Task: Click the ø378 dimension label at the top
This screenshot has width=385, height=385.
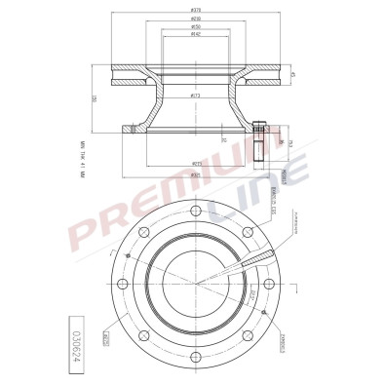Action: click(x=195, y=9)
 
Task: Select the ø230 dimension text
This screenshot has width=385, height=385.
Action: click(x=195, y=19)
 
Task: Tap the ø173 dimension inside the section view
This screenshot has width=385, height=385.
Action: click(x=195, y=96)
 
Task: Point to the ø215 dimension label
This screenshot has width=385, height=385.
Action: click(x=196, y=164)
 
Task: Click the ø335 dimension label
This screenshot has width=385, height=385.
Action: click(x=196, y=176)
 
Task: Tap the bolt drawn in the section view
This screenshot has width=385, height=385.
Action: click(x=258, y=140)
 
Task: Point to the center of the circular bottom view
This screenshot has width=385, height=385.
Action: click(x=196, y=284)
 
